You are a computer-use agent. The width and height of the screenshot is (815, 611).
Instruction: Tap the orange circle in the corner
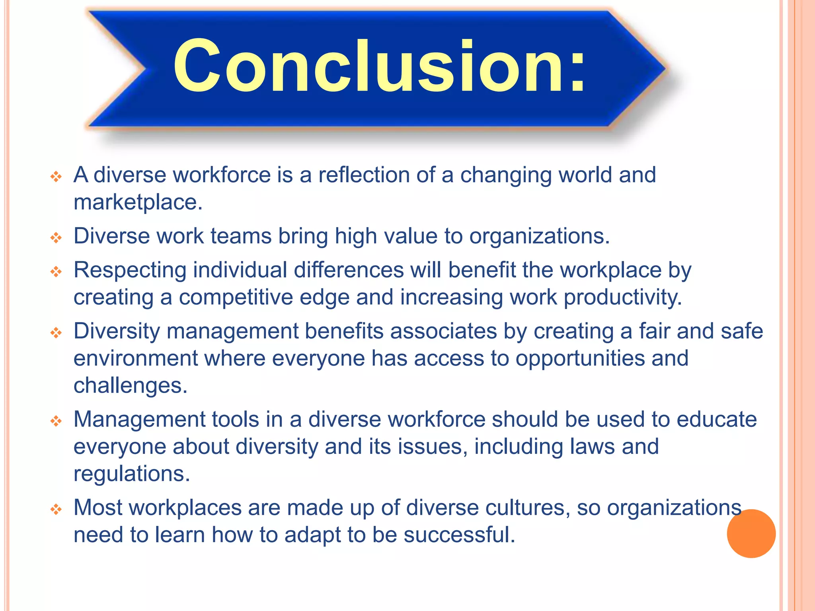[x=751, y=533]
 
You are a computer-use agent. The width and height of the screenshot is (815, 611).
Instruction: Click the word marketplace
[x=138, y=202]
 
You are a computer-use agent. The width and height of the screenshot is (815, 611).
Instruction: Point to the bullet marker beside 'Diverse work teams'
[x=56, y=238]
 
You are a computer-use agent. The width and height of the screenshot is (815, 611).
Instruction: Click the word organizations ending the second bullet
[x=539, y=236]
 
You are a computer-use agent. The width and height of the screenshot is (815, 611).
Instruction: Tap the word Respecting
[x=130, y=270]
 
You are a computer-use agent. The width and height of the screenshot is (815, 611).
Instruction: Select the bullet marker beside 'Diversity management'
[x=56, y=333]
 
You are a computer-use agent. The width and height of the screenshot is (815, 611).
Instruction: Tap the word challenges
[x=130, y=385]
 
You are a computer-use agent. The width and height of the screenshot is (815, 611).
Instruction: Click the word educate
[x=716, y=419]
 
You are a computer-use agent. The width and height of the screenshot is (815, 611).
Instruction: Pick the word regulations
[x=131, y=474]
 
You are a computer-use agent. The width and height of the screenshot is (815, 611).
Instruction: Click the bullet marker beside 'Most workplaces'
[x=56, y=509]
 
